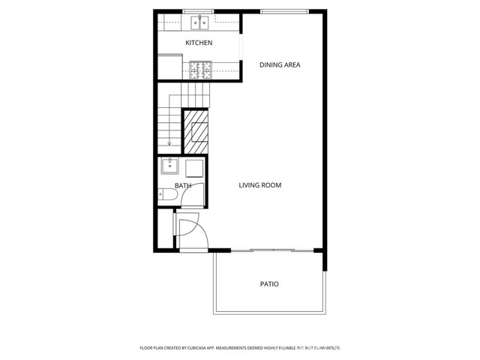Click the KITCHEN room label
pyautogui.click(x=199, y=43)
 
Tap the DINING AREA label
pyautogui.click(x=280, y=65)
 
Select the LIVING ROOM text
pyautogui.click(x=260, y=185)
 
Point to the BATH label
pyautogui.click(x=183, y=185)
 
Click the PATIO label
pyautogui.click(x=269, y=284)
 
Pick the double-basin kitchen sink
pyautogui.click(x=199, y=21)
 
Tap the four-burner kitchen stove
pyautogui.click(x=200, y=70)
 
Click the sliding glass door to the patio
pyautogui.click(x=270, y=250)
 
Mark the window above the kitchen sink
pyautogui.click(x=199, y=10)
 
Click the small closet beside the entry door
pyautogui.click(x=164, y=231)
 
